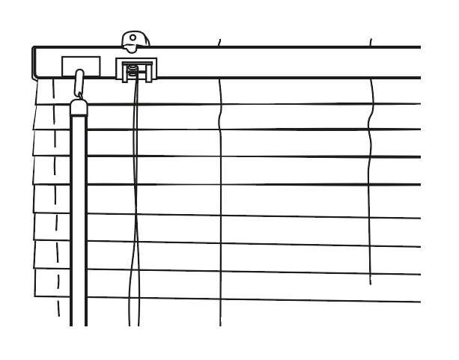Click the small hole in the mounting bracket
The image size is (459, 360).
pos(133,37)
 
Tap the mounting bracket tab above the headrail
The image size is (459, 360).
pos(135,40)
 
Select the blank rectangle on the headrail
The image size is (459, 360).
pos(81,65)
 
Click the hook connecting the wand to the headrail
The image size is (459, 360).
pos(79,82)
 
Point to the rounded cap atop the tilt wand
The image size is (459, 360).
pos(79,107)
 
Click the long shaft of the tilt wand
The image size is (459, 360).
pos(79,225)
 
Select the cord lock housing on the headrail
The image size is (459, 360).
pos(136,68)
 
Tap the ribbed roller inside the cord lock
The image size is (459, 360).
pos(133,72)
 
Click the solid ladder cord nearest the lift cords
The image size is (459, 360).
pos(220,210)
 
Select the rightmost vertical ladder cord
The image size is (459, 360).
pos(371,187)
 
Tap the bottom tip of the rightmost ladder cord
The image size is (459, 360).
pos(371,284)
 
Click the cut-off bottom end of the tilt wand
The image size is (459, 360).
pos(79,324)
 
